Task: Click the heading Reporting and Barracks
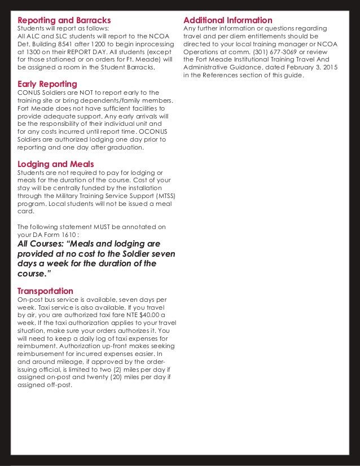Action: pyautogui.click(x=64, y=20)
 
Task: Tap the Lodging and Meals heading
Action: pyautogui.click(x=56, y=164)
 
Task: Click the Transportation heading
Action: pyautogui.click(x=46, y=291)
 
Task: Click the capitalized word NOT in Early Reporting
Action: pyautogui.click(x=73, y=93)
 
